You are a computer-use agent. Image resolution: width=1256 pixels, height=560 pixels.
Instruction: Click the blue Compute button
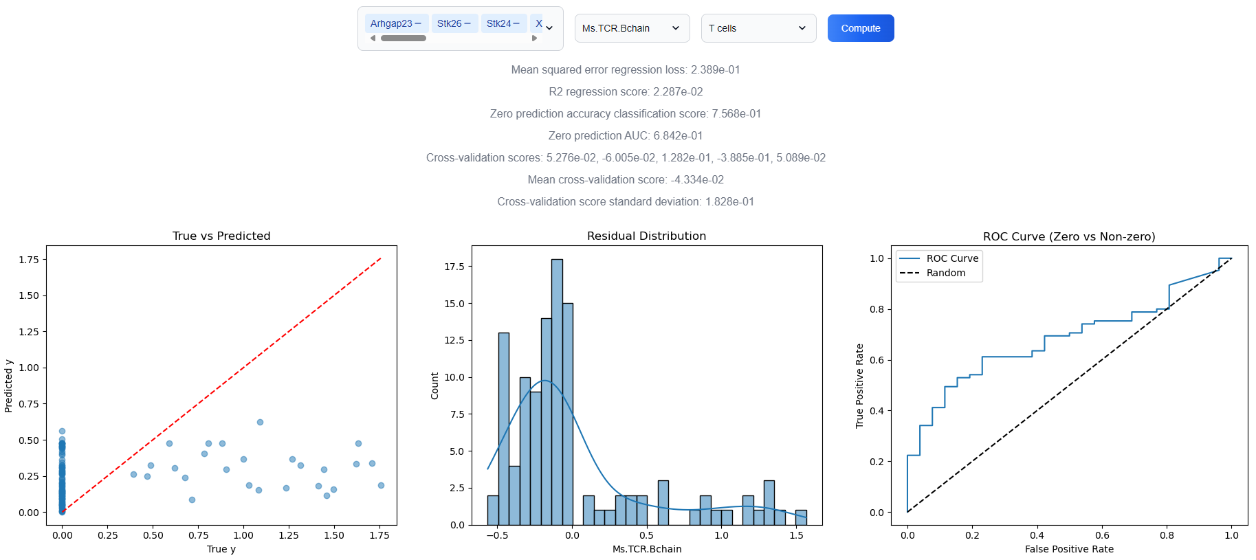tap(860, 28)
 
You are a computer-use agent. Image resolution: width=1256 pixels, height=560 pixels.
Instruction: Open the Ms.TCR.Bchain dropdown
tap(632, 28)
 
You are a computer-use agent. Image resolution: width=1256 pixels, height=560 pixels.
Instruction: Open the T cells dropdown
tap(758, 28)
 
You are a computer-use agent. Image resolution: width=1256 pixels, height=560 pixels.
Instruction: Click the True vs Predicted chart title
tap(221, 236)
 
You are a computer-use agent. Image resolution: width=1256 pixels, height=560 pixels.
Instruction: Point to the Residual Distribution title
tap(646, 236)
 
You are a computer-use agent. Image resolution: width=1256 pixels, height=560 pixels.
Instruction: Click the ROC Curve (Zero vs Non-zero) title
tap(1068, 236)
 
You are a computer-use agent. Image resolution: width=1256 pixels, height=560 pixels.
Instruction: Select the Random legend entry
tap(945, 273)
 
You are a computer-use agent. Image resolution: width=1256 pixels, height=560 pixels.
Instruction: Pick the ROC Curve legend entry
tap(951, 258)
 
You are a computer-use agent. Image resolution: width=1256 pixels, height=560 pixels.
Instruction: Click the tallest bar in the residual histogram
tap(557, 392)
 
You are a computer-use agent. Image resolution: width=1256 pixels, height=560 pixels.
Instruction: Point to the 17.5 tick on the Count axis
tap(454, 267)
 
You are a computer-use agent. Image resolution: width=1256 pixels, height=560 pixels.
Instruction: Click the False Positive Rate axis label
tap(1068, 549)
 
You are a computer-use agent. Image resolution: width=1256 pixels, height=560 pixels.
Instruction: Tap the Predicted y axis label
tap(8, 385)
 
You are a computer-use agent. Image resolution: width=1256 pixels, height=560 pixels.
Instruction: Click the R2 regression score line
tap(626, 91)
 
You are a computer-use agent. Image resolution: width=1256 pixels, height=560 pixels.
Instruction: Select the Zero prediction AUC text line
tap(626, 135)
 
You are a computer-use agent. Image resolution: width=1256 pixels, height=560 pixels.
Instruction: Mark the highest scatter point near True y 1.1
tap(260, 422)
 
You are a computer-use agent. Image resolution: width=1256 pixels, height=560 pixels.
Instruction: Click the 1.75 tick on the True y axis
tap(379, 535)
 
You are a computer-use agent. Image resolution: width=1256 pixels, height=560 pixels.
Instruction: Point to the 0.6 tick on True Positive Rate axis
tap(877, 360)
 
